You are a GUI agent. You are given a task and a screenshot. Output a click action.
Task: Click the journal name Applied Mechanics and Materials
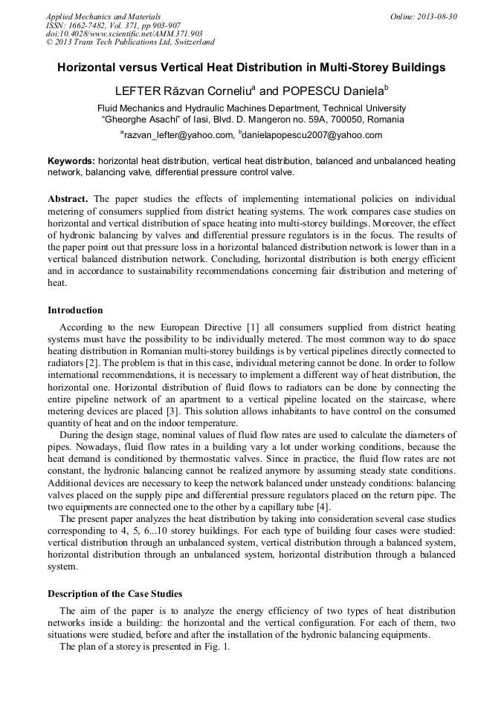click(103, 16)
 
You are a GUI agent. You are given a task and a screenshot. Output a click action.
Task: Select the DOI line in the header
click(124, 33)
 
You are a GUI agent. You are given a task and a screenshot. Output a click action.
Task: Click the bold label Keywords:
click(71, 160)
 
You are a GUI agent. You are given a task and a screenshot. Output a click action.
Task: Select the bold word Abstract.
click(68, 200)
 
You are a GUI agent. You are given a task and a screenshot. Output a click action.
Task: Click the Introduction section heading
click(75, 310)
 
